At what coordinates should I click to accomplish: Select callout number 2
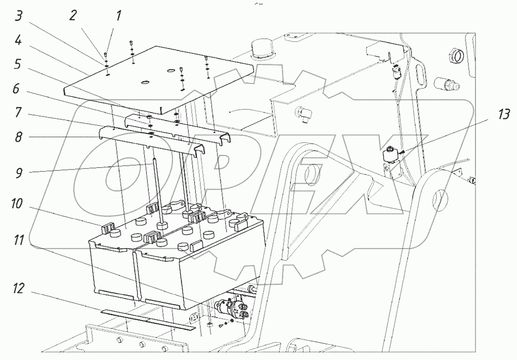[73, 16]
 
